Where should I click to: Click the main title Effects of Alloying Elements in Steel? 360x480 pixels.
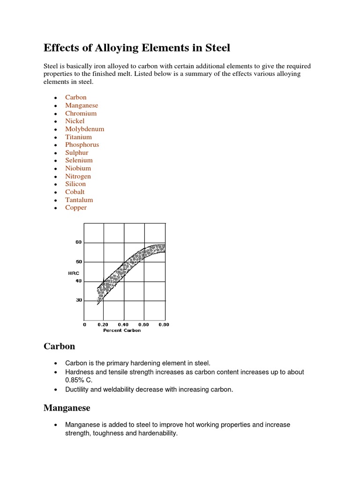(x=137, y=48)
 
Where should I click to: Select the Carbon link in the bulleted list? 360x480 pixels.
(x=75, y=97)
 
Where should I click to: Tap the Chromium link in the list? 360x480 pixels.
(x=81, y=113)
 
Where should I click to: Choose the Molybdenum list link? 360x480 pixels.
(x=84, y=129)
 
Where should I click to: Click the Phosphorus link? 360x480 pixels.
(x=82, y=145)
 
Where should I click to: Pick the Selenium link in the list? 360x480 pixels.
(x=79, y=160)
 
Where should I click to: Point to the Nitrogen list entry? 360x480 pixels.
(x=78, y=176)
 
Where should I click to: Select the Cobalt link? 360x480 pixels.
(x=75, y=192)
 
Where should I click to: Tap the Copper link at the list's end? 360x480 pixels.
(x=75, y=208)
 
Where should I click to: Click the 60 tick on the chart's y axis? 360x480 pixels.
(x=78, y=242)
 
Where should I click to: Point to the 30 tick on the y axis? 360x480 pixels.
(x=78, y=300)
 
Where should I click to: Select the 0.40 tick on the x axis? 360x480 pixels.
(x=123, y=324)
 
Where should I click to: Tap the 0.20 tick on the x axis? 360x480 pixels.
(x=103, y=324)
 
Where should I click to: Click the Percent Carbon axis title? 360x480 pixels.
(x=122, y=330)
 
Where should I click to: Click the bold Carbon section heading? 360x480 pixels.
(x=59, y=346)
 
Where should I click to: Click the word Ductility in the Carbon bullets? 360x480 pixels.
(x=78, y=390)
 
